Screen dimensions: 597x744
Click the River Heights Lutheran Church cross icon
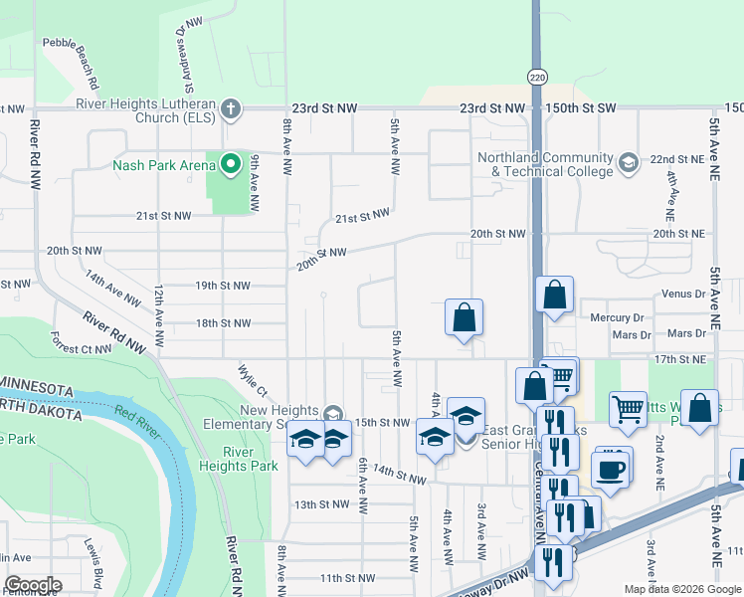coord(231,108)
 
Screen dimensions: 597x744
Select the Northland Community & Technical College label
coord(544,164)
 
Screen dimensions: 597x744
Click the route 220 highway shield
coord(537,77)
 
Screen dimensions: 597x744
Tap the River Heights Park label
coord(251,459)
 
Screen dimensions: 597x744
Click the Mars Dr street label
coord(686,333)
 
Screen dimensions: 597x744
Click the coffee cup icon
coord(613,469)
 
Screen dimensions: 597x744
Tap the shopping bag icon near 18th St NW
coord(464,319)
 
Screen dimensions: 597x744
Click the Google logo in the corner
coord(32,585)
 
